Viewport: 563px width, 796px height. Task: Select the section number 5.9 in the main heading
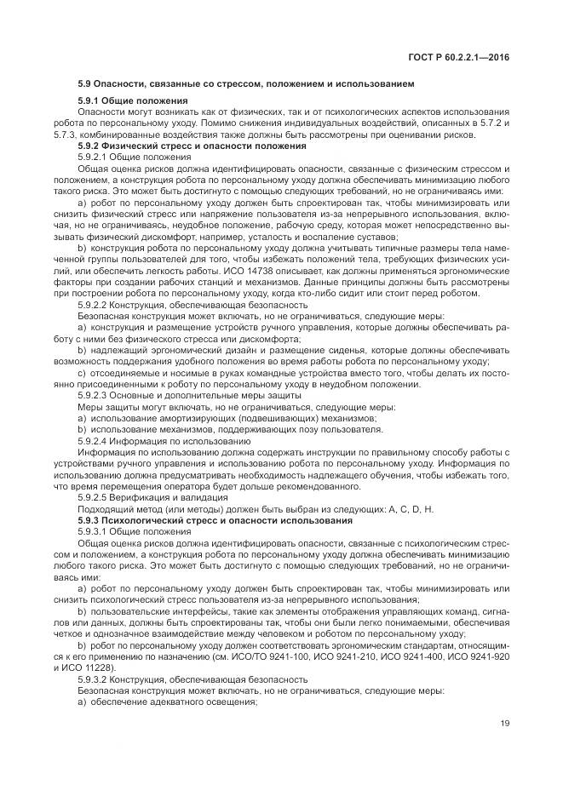[x=86, y=85]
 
